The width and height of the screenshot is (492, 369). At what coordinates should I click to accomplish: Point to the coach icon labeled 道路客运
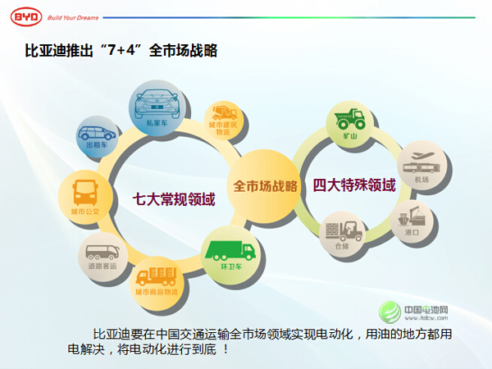[103, 253]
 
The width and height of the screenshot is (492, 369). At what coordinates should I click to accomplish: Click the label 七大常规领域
[174, 198]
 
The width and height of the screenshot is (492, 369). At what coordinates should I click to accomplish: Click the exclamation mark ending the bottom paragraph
[224, 349]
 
